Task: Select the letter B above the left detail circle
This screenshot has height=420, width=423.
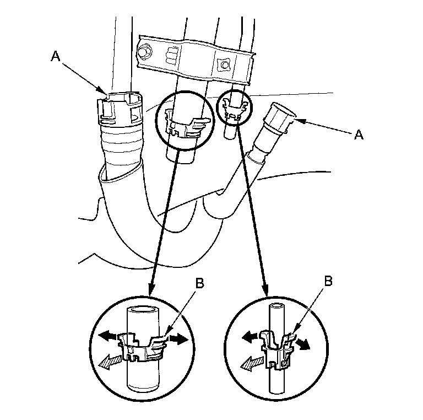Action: pyautogui.click(x=199, y=283)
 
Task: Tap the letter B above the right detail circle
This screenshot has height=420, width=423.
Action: pyautogui.click(x=328, y=281)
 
